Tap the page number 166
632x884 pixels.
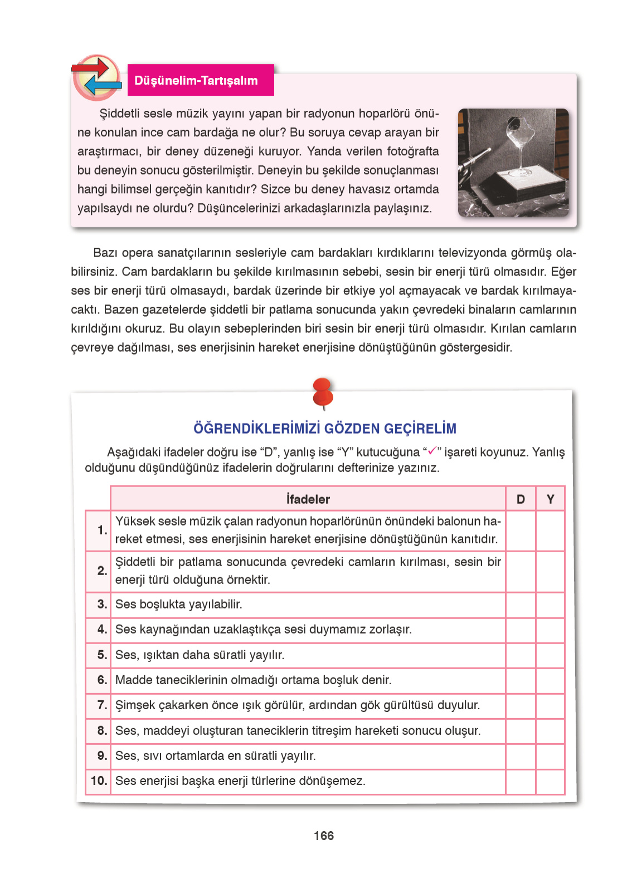[323, 836]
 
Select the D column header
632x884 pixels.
[521, 499]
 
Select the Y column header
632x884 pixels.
[550, 499]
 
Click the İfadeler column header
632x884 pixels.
[308, 499]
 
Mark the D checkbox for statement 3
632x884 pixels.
[521, 605]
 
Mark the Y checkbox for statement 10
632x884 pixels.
[550, 781]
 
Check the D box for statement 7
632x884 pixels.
[521, 705]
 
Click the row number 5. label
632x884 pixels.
[102, 655]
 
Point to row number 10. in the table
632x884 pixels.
[99, 781]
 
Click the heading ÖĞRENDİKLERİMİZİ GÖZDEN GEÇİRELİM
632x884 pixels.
[324, 428]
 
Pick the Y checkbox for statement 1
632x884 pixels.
[550, 530]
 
